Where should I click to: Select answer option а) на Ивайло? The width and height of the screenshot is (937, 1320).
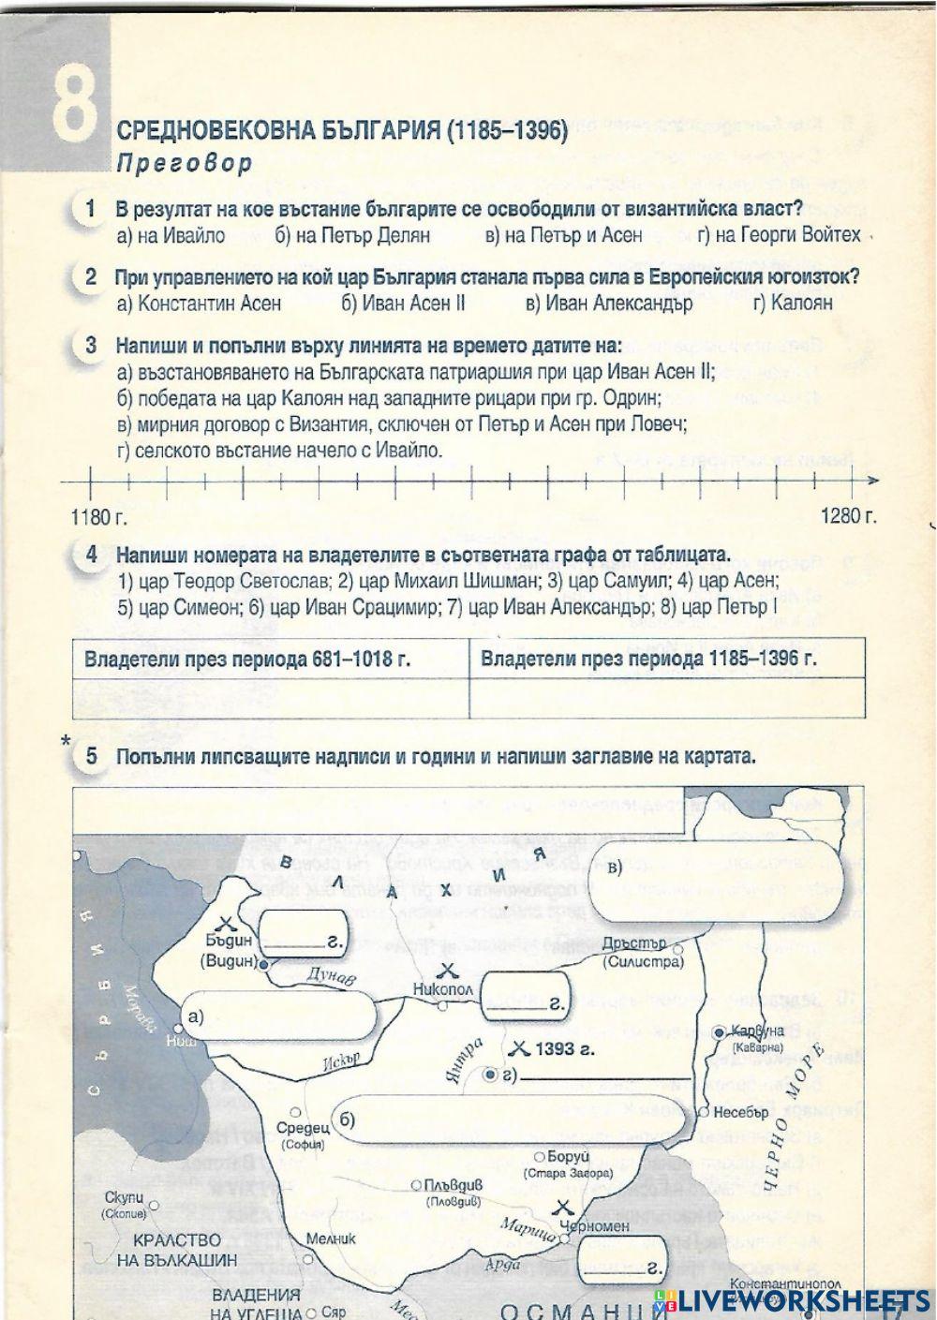pyautogui.click(x=171, y=235)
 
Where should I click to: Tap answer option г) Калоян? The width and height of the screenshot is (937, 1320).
pyautogui.click(x=791, y=303)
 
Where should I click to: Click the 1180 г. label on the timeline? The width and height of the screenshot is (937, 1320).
pyautogui.click(x=98, y=516)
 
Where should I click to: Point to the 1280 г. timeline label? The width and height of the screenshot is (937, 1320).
pyautogui.click(x=848, y=516)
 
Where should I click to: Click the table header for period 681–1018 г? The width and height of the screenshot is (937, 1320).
pyautogui.click(x=247, y=659)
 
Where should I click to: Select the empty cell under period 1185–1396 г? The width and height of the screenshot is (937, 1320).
pyautogui.click(x=666, y=698)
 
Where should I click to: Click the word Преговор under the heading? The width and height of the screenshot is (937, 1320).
pyautogui.click(x=185, y=164)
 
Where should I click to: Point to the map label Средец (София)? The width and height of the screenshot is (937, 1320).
pyautogui.click(x=304, y=1135)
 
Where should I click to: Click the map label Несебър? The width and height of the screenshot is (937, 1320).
pyautogui.click(x=740, y=1112)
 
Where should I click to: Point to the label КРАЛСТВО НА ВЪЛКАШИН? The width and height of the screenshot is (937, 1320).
pyautogui.click(x=177, y=1250)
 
